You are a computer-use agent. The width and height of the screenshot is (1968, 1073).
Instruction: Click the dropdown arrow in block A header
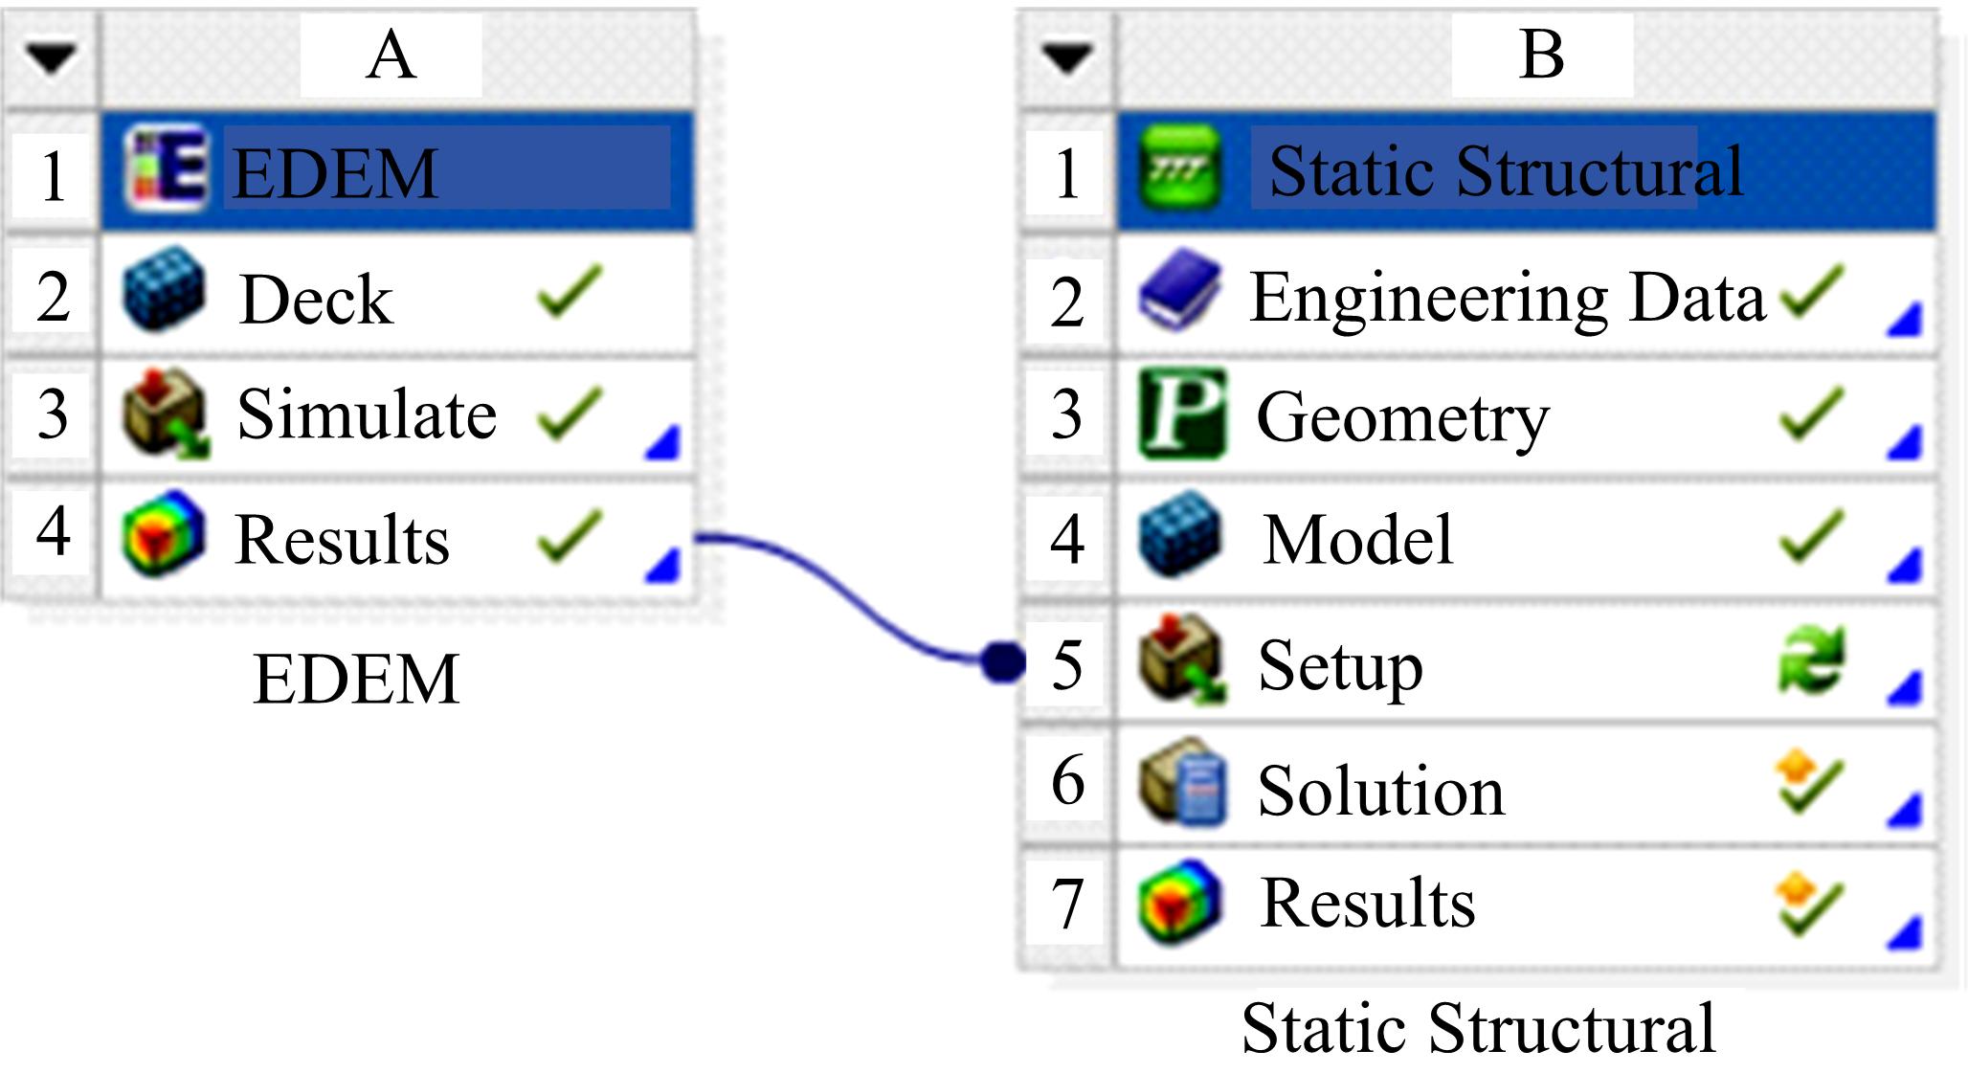tap(51, 58)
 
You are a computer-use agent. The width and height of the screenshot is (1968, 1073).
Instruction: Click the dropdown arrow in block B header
tap(1067, 58)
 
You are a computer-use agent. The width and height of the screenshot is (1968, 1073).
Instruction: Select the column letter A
tap(391, 56)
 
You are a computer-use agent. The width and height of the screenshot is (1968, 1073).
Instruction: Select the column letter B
tap(1541, 55)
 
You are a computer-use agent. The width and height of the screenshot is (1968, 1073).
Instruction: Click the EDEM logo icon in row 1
tap(166, 168)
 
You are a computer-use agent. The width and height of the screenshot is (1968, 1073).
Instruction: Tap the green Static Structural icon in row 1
tap(1180, 169)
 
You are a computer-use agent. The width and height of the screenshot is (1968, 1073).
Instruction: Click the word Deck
tap(316, 299)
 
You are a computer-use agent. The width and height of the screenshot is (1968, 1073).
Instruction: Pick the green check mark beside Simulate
tap(570, 414)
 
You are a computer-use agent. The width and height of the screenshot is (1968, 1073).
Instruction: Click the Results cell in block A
tap(342, 539)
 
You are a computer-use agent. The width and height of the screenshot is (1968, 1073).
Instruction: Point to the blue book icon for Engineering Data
tap(1179, 291)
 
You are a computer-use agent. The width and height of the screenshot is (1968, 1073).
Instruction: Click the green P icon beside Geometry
tap(1182, 414)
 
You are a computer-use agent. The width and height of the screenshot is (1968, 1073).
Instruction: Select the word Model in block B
tap(1357, 539)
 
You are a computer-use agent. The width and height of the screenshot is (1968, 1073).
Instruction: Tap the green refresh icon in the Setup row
tap(1810, 659)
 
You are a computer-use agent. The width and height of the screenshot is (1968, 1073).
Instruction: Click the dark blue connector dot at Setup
tap(1002, 661)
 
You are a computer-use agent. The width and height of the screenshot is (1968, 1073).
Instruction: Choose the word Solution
tap(1380, 791)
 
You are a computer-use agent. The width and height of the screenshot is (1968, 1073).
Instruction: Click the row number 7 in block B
tap(1067, 904)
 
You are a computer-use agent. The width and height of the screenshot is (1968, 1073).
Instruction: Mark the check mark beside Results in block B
tap(1809, 905)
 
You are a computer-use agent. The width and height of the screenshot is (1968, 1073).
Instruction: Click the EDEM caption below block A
tap(356, 679)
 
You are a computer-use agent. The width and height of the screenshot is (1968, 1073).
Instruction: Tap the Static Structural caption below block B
tap(1478, 1028)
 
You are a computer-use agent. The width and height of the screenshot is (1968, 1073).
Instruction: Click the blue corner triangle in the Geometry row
tap(1905, 443)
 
